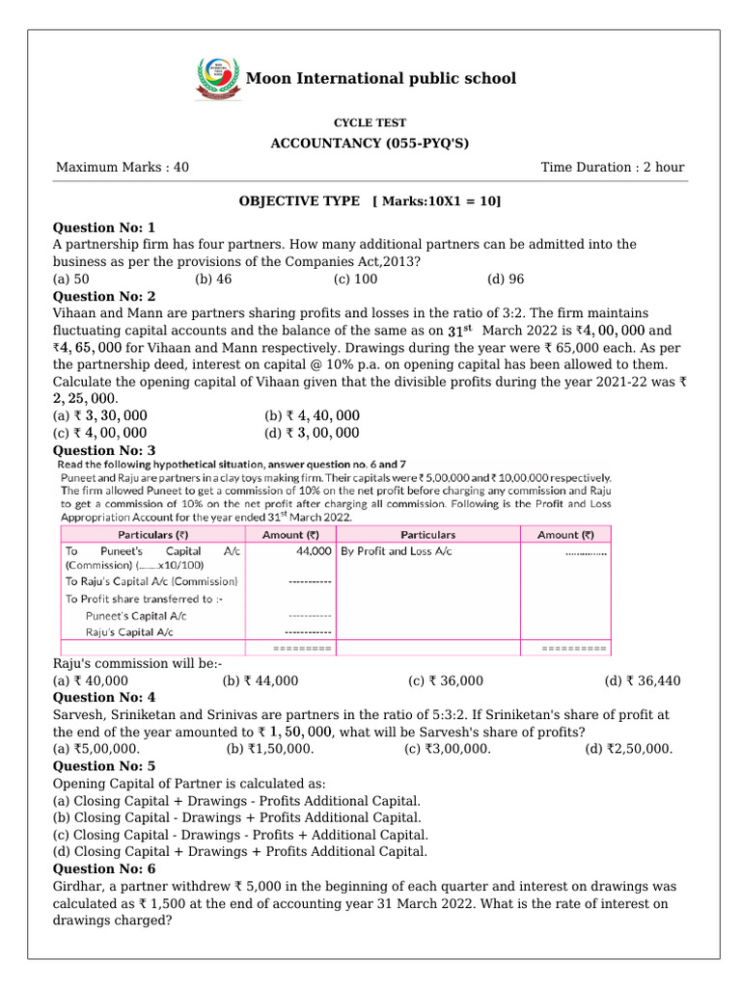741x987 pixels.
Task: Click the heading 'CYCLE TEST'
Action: [370, 123]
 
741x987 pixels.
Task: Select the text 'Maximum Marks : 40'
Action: [123, 167]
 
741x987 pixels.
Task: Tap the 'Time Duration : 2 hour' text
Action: [612, 167]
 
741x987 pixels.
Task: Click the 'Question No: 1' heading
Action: [103, 227]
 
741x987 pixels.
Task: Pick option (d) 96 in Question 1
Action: [506, 280]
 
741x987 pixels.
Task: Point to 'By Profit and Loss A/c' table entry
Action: [396, 551]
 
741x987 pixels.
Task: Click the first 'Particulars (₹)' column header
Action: [153, 535]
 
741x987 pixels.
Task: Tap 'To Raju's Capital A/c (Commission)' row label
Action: [151, 581]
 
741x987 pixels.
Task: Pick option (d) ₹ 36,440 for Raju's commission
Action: [643, 680]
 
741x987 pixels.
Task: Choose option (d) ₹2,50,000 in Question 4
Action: [629, 749]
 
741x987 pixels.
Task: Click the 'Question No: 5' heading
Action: [103, 766]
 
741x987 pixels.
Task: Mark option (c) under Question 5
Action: [240, 835]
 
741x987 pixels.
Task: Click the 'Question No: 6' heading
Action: [103, 868]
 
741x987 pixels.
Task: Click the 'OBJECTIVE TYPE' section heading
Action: [299, 200]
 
